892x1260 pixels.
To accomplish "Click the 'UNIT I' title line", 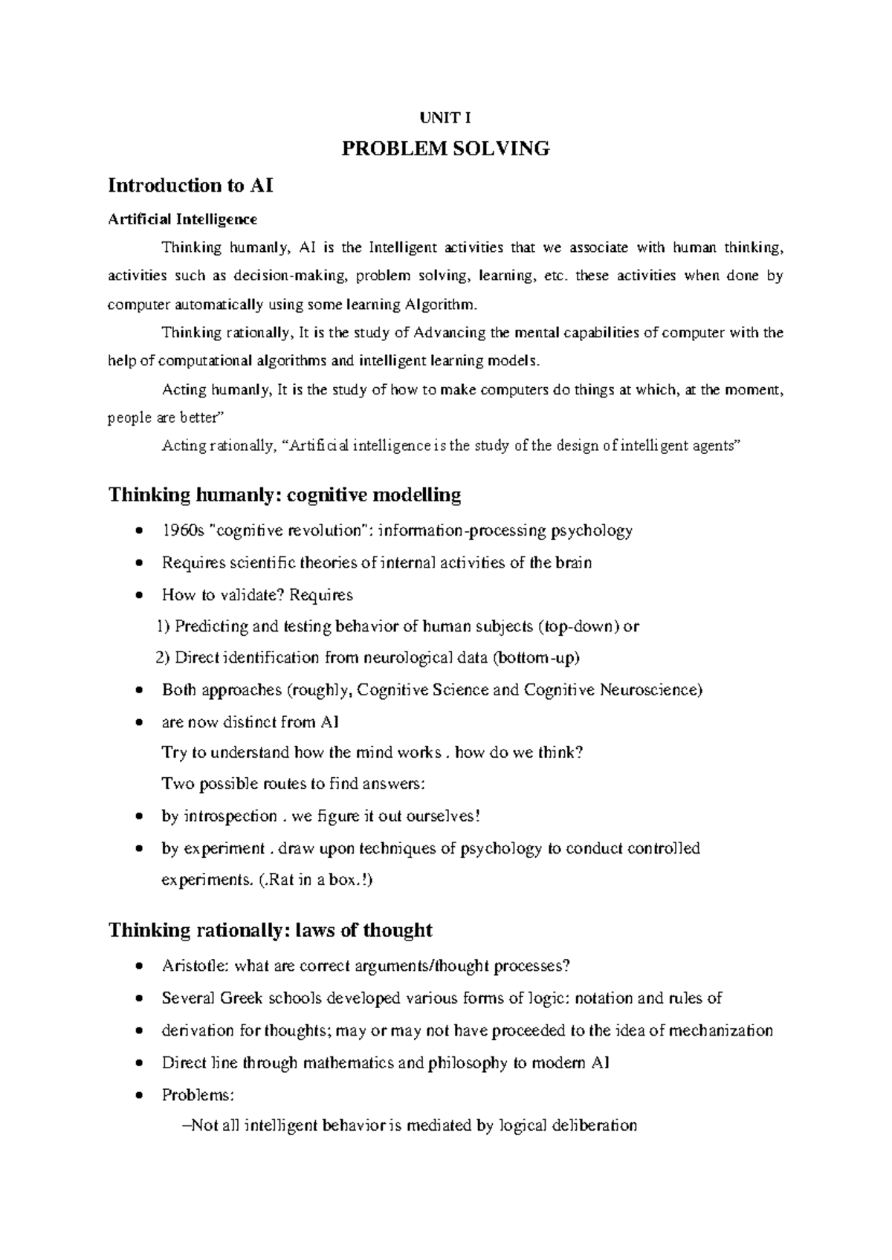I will pos(445,117).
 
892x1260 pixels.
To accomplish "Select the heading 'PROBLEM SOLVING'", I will pos(445,149).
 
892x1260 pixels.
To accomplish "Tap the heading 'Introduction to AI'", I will pos(191,185).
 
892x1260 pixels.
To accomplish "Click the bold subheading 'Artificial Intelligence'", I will pos(183,219).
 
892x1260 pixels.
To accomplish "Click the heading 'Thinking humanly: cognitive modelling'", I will pos(285,495).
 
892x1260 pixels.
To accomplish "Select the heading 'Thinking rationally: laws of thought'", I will pos(271,930).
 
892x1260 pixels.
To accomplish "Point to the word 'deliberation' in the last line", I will pos(594,1126).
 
